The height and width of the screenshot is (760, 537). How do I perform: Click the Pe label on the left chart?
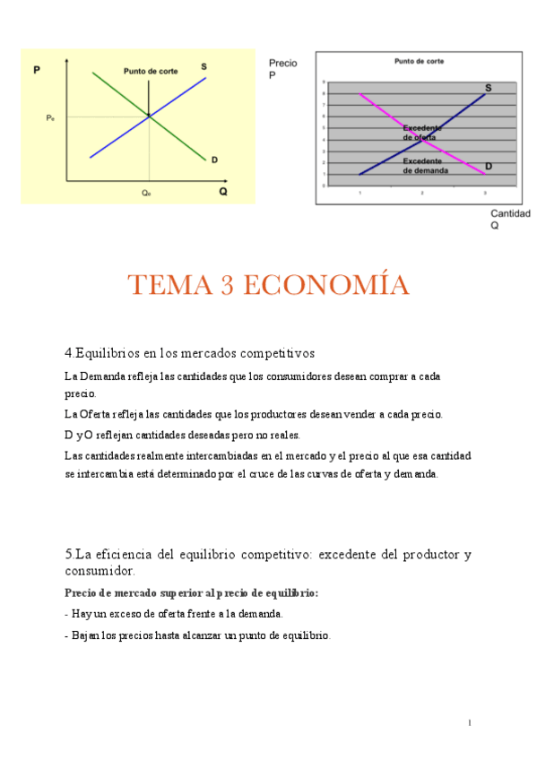point(50,117)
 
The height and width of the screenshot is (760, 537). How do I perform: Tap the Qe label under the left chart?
point(146,192)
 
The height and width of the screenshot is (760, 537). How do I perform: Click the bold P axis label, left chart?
point(36,70)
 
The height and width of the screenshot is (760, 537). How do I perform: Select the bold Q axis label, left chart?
point(223,191)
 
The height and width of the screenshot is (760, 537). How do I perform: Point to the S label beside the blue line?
point(204,66)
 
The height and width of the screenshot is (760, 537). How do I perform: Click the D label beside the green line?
point(215,160)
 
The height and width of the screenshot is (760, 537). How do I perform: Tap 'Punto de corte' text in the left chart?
point(150,71)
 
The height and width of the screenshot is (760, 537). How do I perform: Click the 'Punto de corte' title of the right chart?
point(419,61)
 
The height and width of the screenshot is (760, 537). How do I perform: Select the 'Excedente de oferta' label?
point(420,133)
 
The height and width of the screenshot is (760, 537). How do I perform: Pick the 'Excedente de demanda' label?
point(425,165)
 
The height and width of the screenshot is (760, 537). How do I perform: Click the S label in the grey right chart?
point(489,88)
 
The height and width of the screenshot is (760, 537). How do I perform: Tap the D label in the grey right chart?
point(489,167)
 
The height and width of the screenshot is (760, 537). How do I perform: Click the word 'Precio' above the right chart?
point(283,64)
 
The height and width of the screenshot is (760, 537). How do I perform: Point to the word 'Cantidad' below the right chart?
point(510,213)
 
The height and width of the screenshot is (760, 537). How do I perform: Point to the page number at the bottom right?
point(470,722)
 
